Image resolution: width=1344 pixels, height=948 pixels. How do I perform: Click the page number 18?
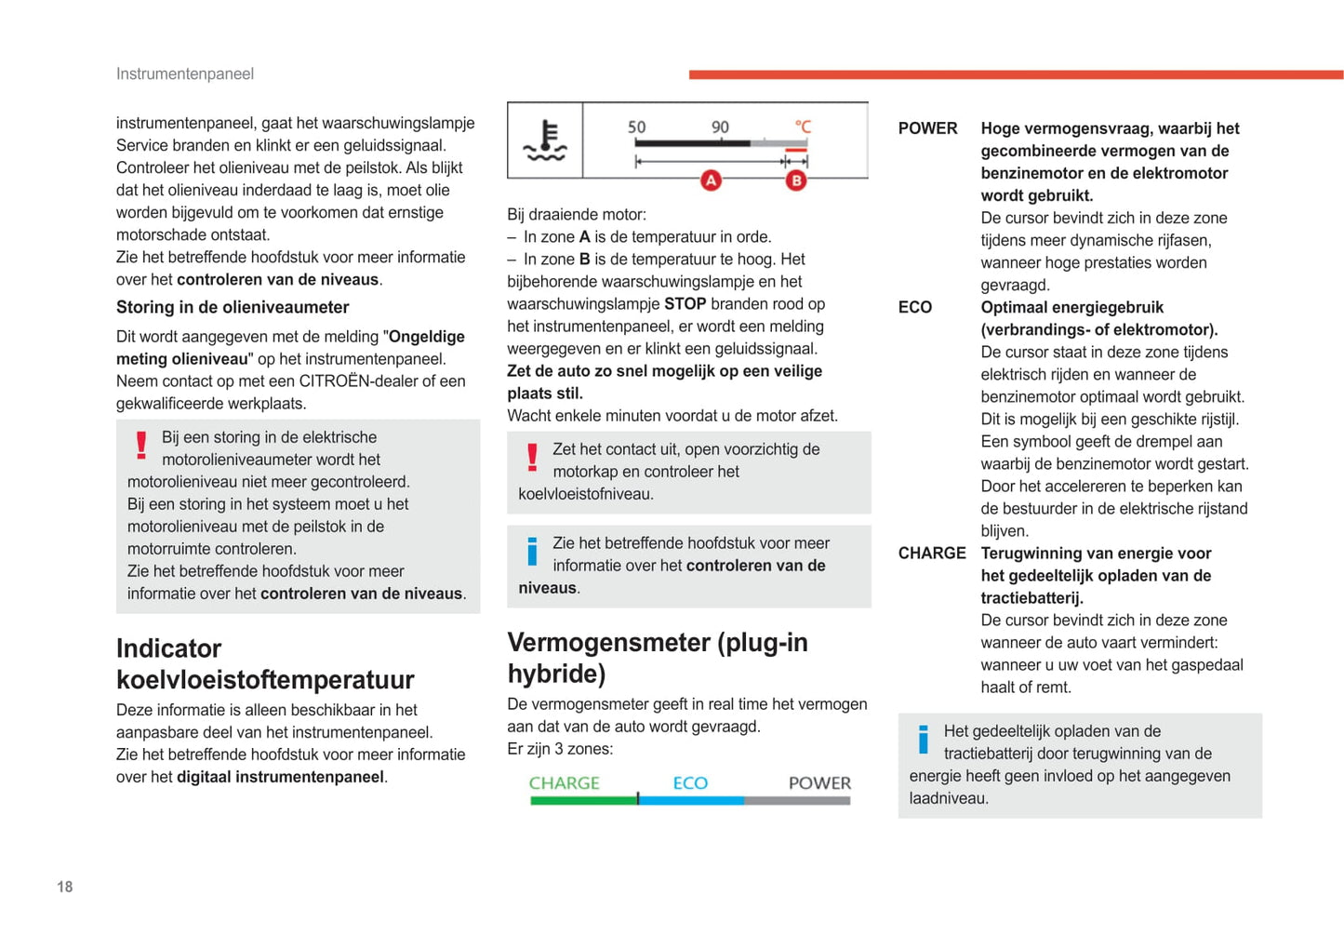click(65, 887)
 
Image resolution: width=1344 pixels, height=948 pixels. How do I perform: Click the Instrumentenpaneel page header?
click(184, 73)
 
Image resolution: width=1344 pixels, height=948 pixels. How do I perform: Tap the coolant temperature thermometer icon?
click(545, 140)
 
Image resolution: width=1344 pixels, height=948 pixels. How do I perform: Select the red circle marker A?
click(711, 180)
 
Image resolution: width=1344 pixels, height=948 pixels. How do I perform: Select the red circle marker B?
click(795, 180)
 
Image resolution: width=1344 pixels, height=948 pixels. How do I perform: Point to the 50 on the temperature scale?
click(636, 127)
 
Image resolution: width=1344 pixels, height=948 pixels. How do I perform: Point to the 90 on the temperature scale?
click(720, 127)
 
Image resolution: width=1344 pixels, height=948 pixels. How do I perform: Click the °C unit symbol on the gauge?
click(803, 127)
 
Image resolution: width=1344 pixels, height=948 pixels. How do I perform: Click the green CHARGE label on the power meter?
click(564, 783)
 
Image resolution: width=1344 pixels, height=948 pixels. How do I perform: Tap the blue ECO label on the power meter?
click(690, 783)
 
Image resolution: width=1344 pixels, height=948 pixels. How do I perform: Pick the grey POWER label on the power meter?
click(819, 783)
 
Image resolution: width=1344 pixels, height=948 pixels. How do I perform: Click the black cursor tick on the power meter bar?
click(638, 799)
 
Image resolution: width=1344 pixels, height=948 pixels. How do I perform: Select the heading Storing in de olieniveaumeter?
click(233, 307)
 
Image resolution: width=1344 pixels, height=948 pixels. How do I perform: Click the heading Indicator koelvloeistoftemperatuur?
click(265, 664)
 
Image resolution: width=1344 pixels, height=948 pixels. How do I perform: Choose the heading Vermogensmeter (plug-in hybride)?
click(657, 658)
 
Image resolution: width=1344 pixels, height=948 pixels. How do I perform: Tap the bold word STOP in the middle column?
click(685, 304)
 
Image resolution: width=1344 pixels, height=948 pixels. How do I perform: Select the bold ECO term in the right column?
click(915, 308)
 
